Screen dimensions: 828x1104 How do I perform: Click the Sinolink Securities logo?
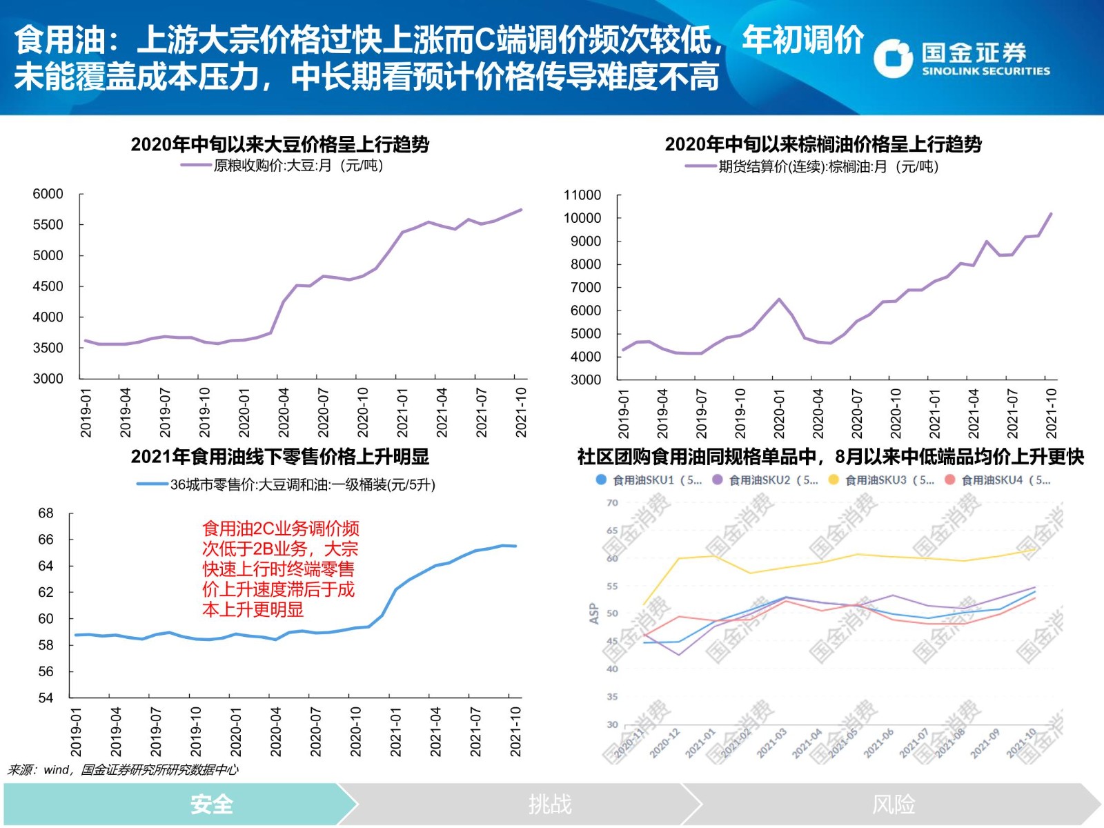961,58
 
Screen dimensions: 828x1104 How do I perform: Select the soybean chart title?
279,144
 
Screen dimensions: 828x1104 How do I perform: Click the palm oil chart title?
822,144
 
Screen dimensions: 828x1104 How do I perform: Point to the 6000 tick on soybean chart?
48,194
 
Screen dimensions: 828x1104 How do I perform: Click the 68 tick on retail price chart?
46,513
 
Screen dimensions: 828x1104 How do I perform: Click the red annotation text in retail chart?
280,569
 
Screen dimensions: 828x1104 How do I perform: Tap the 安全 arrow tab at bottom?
211,804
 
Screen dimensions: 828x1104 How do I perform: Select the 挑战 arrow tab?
550,804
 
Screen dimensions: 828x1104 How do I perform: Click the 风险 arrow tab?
894,804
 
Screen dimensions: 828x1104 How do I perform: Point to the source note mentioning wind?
123,770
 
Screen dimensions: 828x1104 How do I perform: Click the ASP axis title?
593,613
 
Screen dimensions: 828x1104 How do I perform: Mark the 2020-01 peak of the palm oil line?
779,299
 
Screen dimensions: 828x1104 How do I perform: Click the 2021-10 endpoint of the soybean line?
521,210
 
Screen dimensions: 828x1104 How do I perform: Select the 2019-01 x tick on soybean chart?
86,412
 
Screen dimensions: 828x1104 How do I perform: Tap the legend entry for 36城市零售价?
287,485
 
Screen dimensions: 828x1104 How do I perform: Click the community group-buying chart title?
830,457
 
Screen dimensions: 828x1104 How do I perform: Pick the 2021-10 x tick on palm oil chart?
1051,413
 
